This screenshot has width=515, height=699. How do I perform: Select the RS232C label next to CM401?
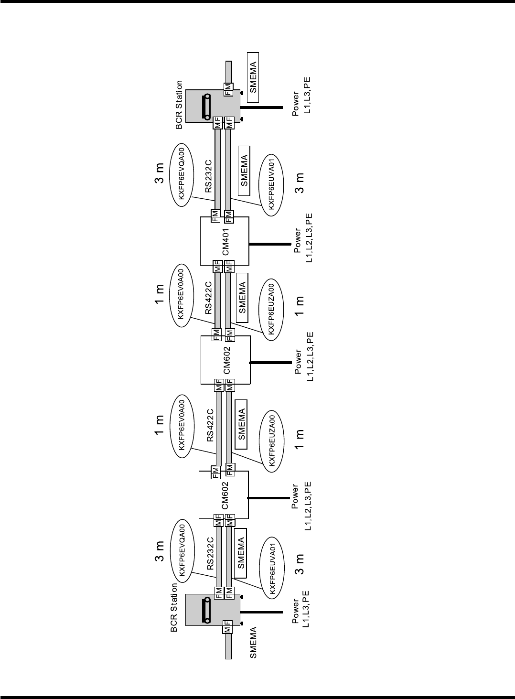[209, 178]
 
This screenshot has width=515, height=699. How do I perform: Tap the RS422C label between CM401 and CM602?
[209, 299]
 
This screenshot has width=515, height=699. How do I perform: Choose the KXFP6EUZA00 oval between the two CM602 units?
[272, 438]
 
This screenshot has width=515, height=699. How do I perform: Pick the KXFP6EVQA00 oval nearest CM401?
[182, 175]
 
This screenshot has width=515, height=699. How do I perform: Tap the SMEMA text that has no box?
[254, 643]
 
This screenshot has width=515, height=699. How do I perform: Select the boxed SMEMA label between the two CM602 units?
[242, 424]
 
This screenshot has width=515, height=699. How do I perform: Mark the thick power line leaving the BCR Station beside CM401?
[270, 107]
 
